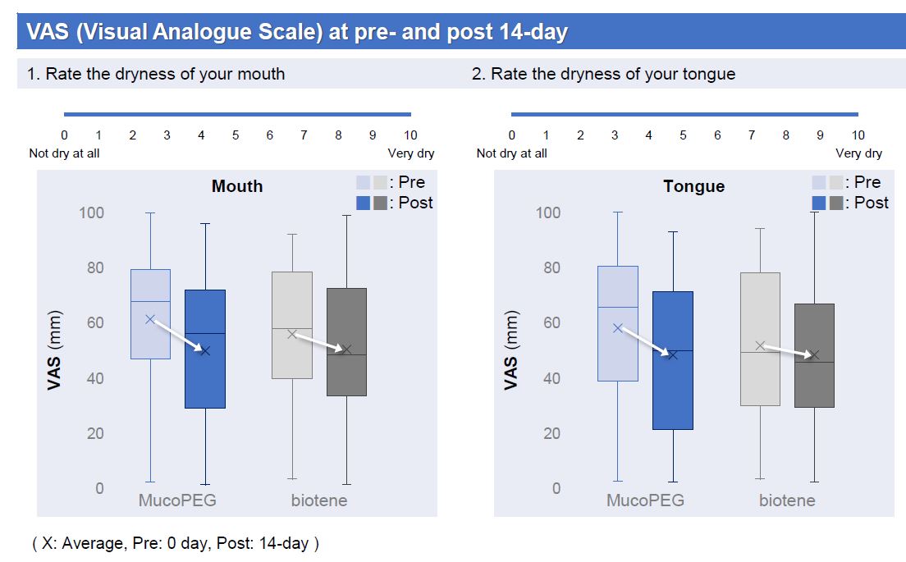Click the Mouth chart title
pyautogui.click(x=237, y=186)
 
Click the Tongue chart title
pyautogui.click(x=693, y=186)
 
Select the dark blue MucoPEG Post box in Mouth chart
pyautogui.click(x=205, y=377)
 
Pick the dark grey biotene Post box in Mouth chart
pyautogui.click(x=346, y=373)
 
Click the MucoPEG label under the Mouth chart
pyautogui.click(x=176, y=500)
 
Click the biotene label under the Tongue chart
pyautogui.click(x=787, y=500)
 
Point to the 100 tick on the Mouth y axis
pyautogui.click(x=91, y=212)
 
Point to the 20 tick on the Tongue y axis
pyautogui.click(x=548, y=433)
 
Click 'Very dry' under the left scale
pyautogui.click(x=411, y=153)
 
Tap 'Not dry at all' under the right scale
pyautogui.click(x=511, y=153)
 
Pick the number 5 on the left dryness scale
pyautogui.click(x=236, y=135)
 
